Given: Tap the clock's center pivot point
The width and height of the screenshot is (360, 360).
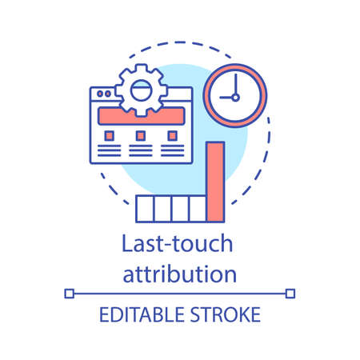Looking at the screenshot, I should pyautogui.click(x=234, y=98).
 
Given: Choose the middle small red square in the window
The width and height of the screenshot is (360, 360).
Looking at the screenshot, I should pyautogui.click(x=139, y=134).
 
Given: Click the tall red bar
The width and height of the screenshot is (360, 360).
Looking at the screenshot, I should pyautogui.click(x=214, y=182).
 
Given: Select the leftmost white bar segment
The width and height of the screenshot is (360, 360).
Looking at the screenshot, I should pyautogui.click(x=144, y=208).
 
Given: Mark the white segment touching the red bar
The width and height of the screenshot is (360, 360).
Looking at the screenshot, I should pyautogui.click(x=198, y=208).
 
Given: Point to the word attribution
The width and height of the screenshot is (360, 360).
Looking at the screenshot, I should pyautogui.click(x=179, y=274).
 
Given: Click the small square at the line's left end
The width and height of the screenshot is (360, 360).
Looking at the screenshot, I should pyautogui.click(x=68, y=294).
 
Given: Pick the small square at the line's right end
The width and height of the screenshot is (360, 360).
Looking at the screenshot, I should pyautogui.click(x=292, y=294).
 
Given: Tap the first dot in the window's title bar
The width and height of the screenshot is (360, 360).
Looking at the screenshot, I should pyautogui.click(x=98, y=93).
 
